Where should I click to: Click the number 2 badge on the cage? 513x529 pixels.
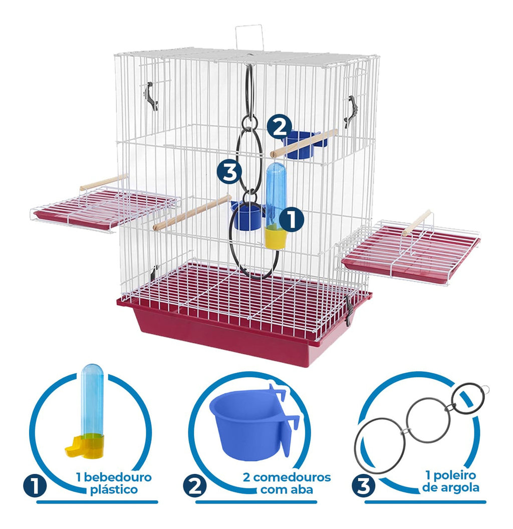click(280, 128)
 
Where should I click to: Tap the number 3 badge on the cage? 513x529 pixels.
click(229, 172)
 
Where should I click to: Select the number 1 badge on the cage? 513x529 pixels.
click(291, 219)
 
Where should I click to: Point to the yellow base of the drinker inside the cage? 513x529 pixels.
click(275, 238)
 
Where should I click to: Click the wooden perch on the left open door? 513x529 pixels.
click(104, 182)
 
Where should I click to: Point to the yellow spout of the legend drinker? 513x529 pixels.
click(73, 450)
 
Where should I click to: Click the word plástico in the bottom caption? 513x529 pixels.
click(114, 489)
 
